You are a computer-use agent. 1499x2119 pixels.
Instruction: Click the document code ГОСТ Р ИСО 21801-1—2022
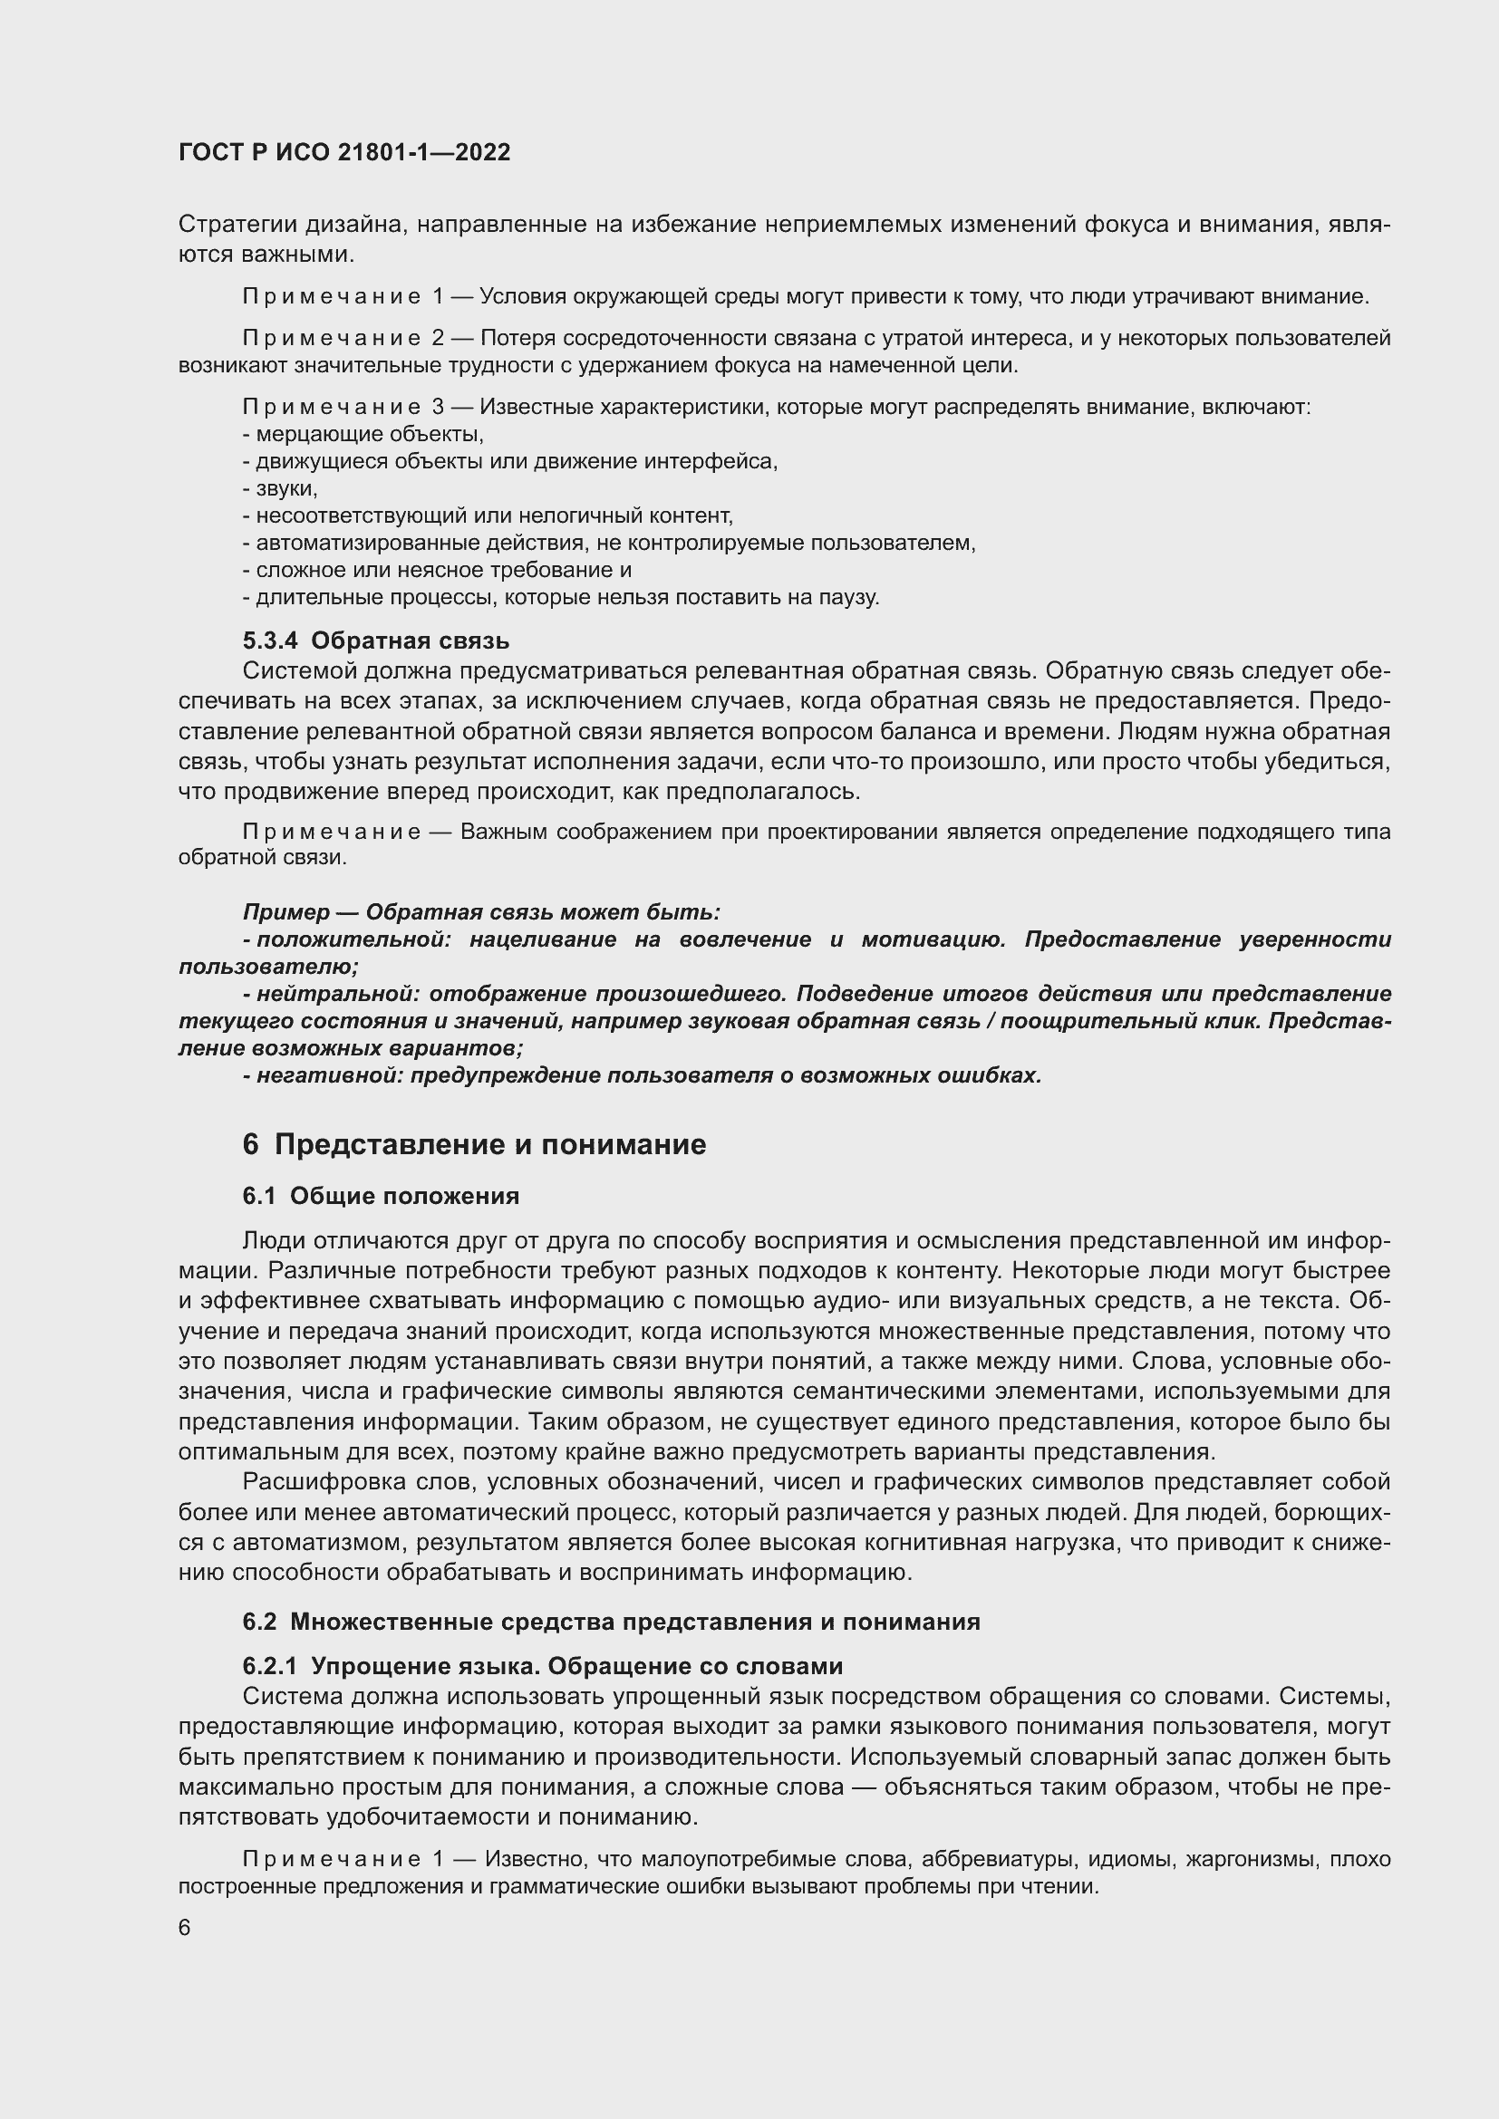click(344, 153)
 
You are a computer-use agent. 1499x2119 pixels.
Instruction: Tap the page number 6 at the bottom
click(185, 1928)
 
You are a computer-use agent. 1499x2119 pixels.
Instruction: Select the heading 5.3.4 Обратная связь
click(376, 641)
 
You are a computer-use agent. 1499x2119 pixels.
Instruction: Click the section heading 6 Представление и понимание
click(474, 1144)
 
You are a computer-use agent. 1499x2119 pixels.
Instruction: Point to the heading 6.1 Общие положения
click(381, 1196)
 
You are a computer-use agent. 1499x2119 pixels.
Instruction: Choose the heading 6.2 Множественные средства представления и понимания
click(611, 1622)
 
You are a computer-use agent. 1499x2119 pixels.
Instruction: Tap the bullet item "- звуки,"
click(281, 488)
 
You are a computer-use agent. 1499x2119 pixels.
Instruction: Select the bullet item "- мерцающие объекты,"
click(363, 434)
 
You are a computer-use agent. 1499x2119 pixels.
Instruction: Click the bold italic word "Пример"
click(286, 913)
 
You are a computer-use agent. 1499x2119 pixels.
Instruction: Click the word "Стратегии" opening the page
click(237, 225)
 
